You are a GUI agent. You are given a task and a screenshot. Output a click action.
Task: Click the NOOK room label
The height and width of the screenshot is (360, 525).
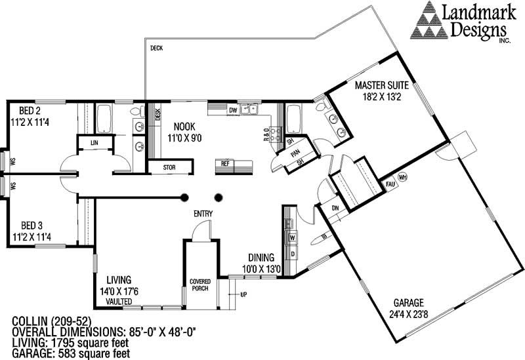186,126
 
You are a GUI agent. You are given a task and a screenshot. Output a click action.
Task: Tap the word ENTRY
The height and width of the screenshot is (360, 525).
202,214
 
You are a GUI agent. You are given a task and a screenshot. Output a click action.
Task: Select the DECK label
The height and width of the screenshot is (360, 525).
156,49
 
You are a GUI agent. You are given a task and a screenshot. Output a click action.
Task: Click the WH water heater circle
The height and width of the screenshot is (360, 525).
403,176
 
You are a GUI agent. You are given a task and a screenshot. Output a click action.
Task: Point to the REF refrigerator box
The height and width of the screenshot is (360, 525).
224,163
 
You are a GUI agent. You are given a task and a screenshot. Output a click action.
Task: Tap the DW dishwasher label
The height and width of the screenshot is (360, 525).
232,110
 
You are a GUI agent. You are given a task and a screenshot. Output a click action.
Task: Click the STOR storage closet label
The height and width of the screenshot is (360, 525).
169,167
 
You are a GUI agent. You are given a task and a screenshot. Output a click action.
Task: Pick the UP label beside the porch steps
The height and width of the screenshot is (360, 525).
243,294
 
